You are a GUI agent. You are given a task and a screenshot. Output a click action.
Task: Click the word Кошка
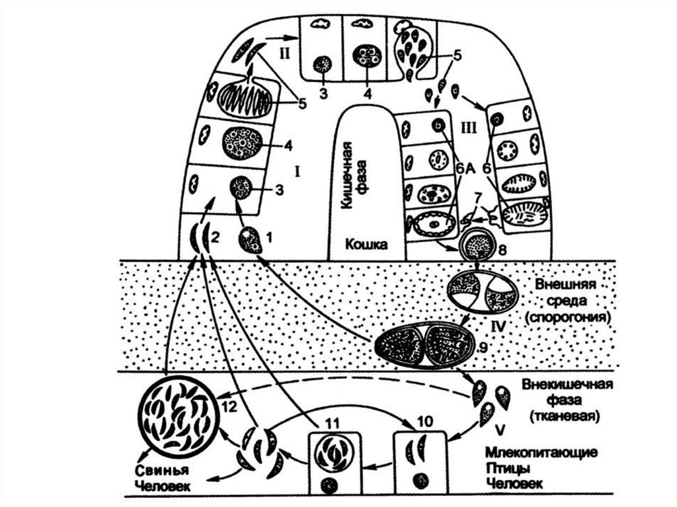[366, 244]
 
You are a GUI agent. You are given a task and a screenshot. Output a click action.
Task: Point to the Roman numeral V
[500, 430]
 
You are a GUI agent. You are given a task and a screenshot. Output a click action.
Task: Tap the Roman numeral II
[284, 53]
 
